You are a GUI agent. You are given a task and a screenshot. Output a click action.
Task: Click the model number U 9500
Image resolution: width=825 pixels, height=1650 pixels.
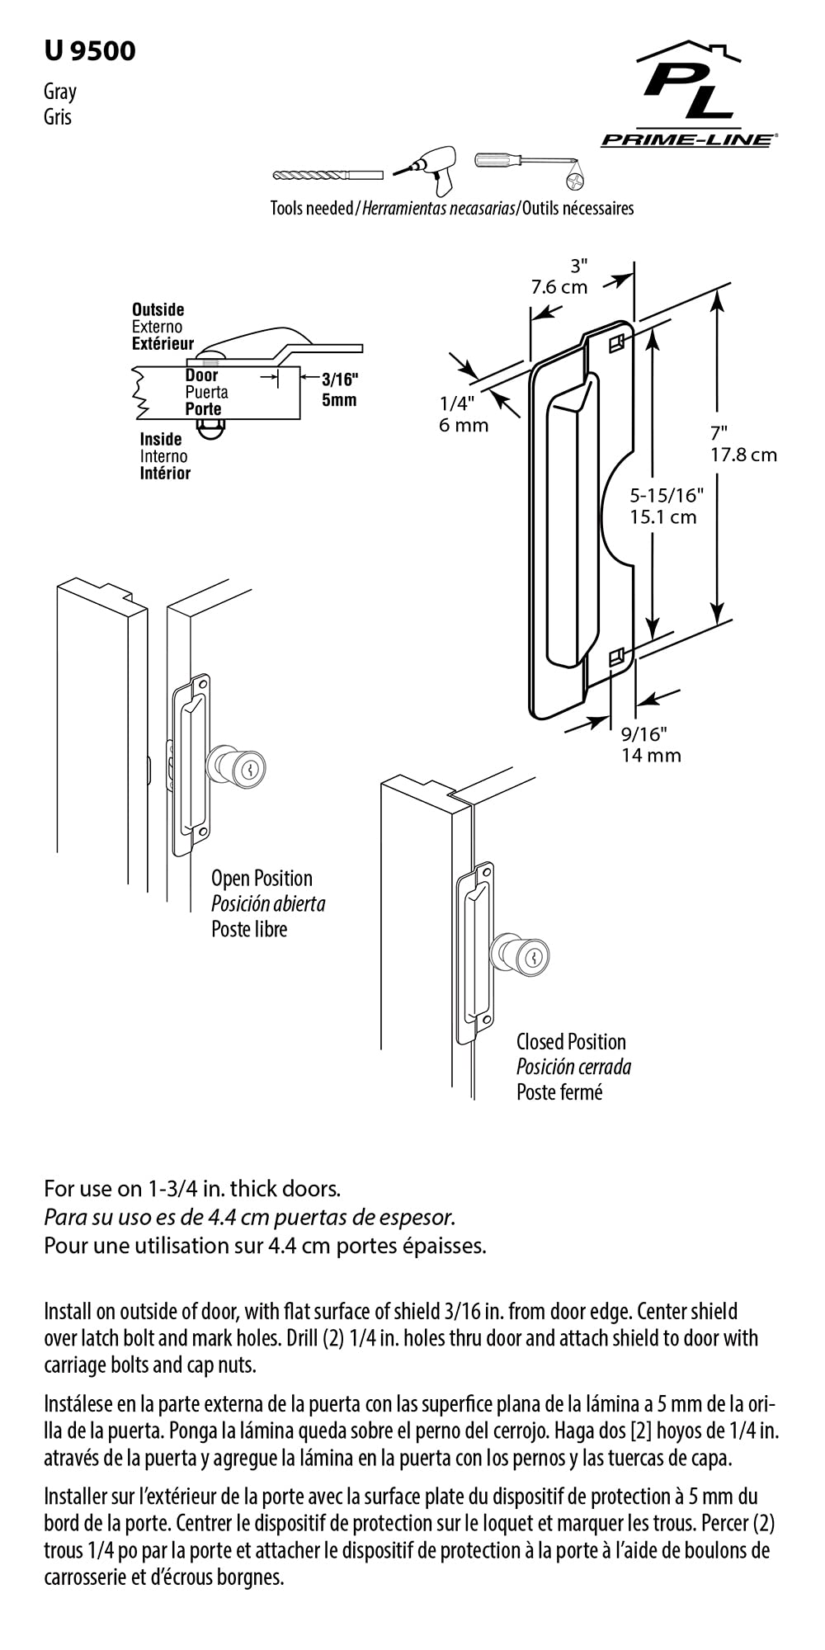(90, 51)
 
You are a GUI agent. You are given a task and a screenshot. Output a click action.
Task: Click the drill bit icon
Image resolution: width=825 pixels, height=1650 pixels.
(328, 175)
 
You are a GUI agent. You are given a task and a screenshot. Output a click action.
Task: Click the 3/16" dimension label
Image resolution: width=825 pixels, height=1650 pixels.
(339, 379)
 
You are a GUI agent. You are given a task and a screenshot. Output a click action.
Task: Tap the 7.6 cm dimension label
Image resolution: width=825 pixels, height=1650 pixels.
(559, 287)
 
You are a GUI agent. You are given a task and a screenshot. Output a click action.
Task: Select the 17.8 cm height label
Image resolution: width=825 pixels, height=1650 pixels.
(744, 455)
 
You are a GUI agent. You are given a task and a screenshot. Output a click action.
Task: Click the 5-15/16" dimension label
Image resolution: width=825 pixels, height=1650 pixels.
(667, 495)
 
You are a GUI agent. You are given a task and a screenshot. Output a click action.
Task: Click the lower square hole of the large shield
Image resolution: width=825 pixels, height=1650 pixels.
(615, 658)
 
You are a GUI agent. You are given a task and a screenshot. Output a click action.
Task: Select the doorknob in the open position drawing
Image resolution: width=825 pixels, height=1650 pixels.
(236, 767)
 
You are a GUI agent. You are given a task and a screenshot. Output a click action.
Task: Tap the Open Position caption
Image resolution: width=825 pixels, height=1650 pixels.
(262, 879)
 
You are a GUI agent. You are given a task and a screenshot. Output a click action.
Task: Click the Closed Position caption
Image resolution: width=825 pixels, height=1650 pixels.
(571, 1042)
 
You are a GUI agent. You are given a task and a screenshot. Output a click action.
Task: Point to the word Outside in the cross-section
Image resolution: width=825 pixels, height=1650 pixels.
(158, 310)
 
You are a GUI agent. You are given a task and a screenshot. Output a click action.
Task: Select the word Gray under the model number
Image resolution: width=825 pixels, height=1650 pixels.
(60, 92)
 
